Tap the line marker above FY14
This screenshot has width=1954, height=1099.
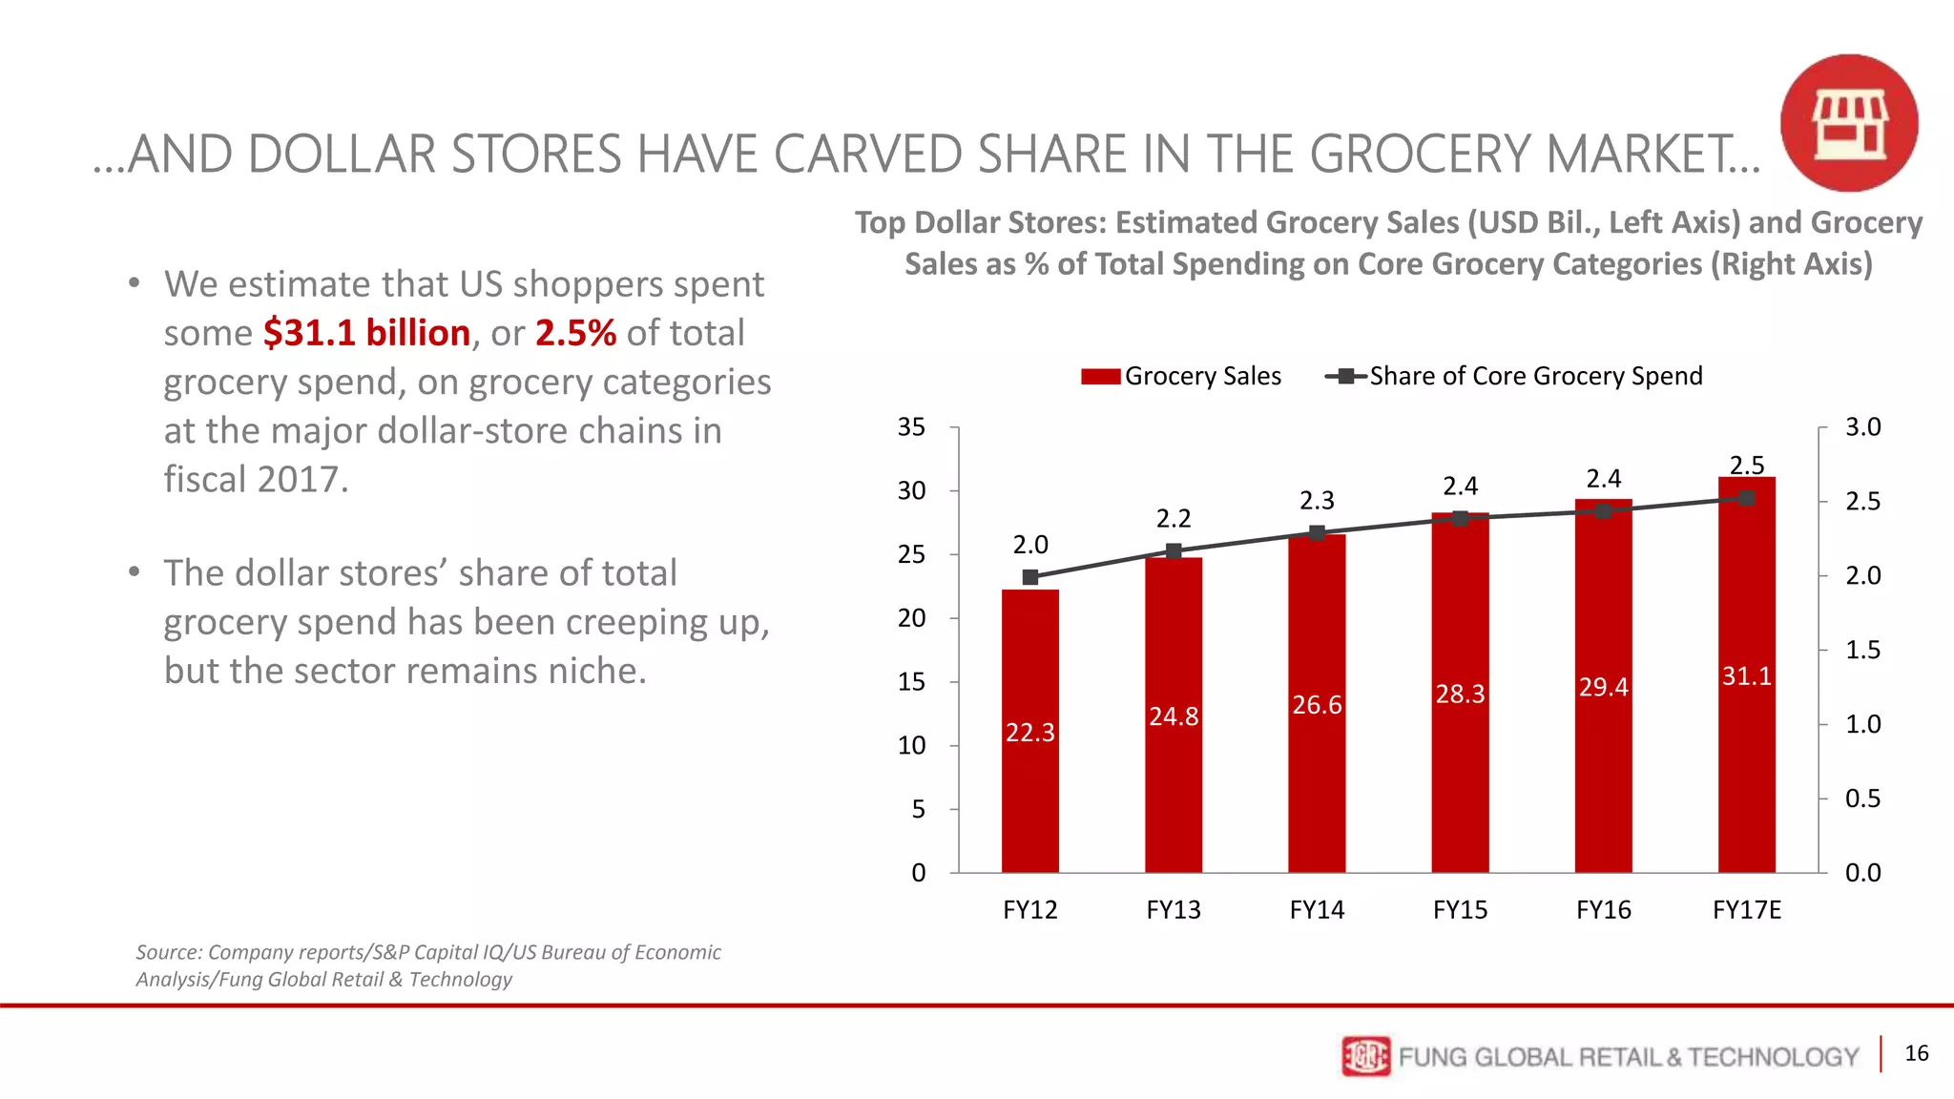(1317, 533)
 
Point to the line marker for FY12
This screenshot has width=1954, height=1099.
(1029, 577)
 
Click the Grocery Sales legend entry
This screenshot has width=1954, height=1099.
(1181, 376)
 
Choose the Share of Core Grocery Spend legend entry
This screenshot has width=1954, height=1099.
(1514, 376)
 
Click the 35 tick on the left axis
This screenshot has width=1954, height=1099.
(911, 427)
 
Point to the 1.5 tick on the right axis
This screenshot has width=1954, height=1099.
(1862, 650)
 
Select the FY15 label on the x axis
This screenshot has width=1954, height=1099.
(1460, 910)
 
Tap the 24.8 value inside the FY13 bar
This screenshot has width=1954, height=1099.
(1174, 716)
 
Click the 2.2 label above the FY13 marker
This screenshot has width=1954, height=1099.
(1174, 519)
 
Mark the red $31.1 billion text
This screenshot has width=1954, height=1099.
(366, 333)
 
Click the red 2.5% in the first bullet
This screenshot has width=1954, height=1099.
(575, 333)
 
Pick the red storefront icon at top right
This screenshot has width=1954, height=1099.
(1849, 123)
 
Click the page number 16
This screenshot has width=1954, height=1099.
(1916, 1053)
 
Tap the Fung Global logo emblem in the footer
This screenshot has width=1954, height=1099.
(1365, 1056)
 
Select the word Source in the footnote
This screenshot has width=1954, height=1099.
(168, 952)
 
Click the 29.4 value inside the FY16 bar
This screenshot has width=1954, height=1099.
(1603, 688)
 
